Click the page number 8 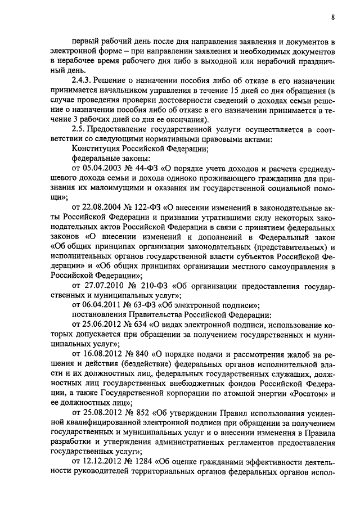(x=333, y=17)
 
